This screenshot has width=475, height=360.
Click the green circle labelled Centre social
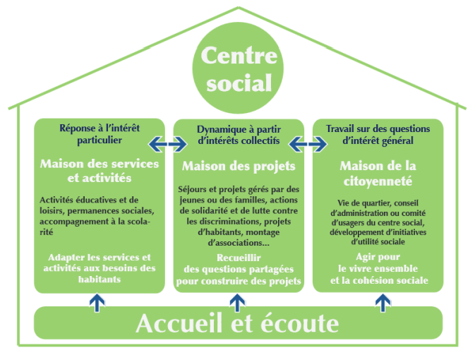238,68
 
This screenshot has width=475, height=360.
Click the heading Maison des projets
239,167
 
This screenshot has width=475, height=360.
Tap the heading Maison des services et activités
100,171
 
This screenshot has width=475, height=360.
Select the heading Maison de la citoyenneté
378,174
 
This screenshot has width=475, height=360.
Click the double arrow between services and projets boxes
167,143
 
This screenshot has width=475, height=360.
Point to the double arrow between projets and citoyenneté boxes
308,144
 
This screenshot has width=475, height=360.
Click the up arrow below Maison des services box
97,302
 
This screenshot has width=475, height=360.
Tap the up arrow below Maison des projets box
237,302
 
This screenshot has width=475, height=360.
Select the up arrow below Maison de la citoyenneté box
383,302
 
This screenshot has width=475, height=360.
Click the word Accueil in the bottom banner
179,323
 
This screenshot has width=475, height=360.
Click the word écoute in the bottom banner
299,323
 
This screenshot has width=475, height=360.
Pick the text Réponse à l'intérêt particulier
100,134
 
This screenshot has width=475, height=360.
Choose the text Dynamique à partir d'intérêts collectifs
239,135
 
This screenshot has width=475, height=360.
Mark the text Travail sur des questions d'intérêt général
378,135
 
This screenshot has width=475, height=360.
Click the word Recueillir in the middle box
239,258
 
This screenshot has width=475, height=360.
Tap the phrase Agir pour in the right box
378,257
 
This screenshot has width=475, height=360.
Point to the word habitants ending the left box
100,279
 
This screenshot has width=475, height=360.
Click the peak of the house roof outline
239,7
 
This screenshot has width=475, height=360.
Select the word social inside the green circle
239,83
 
